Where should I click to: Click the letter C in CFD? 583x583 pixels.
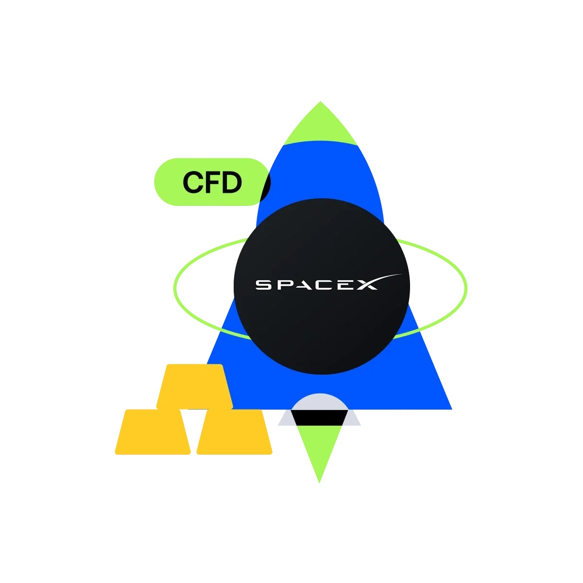[x=193, y=182]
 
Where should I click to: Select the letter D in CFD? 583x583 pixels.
[x=232, y=182]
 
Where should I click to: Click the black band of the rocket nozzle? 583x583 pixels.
[x=320, y=418]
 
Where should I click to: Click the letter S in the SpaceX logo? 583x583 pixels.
[x=263, y=285]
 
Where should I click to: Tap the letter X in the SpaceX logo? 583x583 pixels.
[x=367, y=285]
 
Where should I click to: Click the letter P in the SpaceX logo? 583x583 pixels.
[x=285, y=285]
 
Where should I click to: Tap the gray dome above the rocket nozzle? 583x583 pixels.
[x=320, y=402]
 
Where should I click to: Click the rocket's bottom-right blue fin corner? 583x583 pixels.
[x=451, y=409]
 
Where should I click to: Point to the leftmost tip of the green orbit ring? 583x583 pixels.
[x=175, y=288]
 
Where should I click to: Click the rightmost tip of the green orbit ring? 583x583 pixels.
[x=466, y=288]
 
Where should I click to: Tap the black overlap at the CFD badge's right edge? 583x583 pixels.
[x=266, y=187]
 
